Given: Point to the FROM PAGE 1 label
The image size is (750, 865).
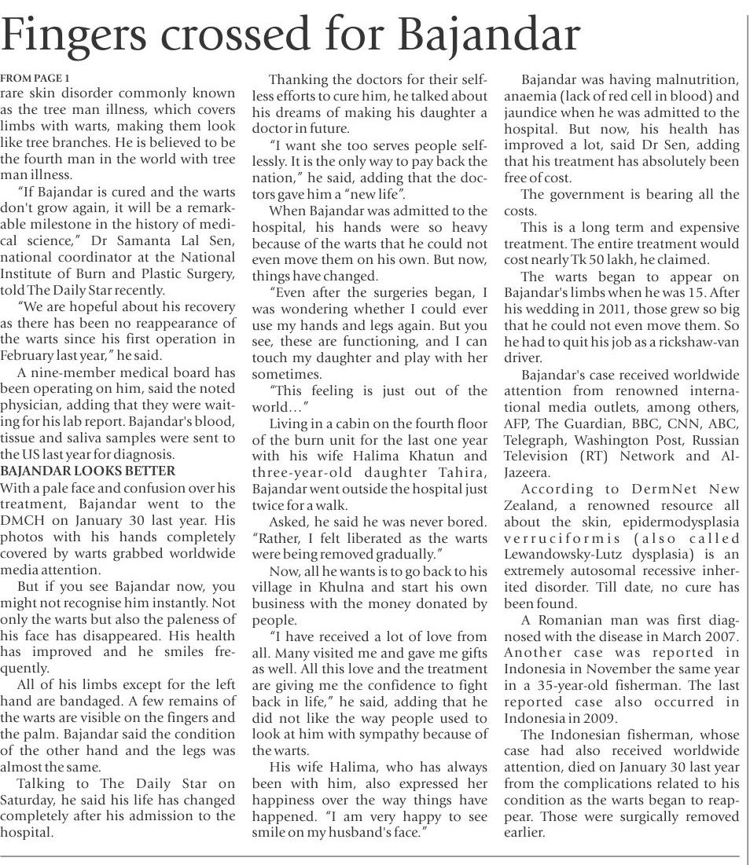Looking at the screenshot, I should pos(35,78).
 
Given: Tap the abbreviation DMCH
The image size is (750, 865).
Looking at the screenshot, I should pos(25,520).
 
